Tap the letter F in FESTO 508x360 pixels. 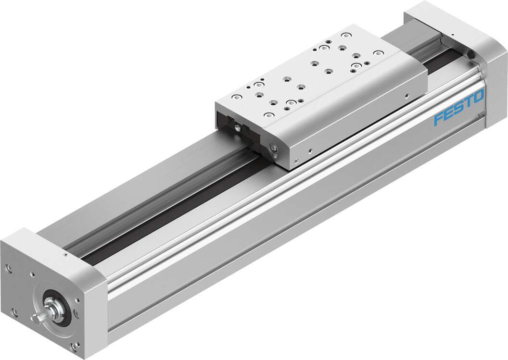pos(439,119)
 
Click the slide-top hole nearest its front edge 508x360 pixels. pos(268,115)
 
